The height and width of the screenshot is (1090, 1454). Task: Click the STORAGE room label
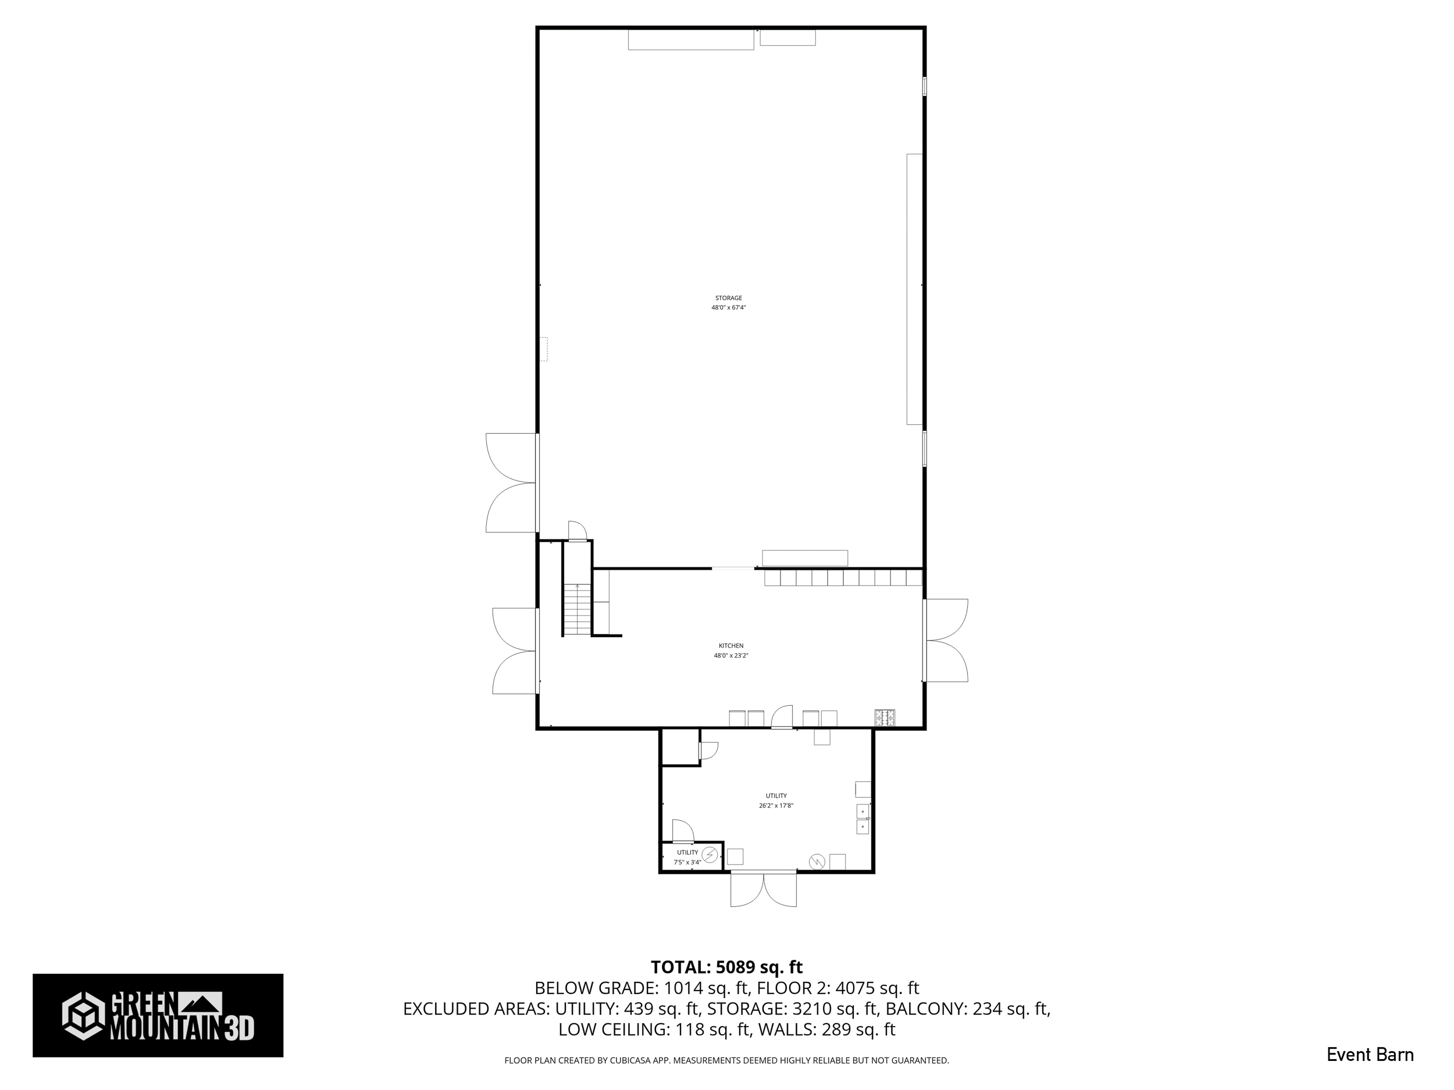(x=728, y=298)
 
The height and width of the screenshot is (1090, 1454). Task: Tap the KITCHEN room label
(x=731, y=646)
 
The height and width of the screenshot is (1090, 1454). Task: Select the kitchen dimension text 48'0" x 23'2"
(x=731, y=656)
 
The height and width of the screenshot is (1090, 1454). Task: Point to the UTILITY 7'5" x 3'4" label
(x=687, y=857)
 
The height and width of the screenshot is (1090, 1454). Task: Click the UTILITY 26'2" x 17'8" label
(x=776, y=801)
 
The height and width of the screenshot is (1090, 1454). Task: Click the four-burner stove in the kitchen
(x=884, y=717)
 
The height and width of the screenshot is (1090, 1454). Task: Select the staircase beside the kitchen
(x=577, y=610)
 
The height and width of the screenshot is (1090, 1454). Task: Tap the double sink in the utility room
(x=863, y=819)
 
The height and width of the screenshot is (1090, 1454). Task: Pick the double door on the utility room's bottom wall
(x=763, y=888)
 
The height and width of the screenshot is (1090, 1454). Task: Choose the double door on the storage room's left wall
(x=511, y=483)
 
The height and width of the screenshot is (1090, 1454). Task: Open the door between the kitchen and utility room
(x=782, y=717)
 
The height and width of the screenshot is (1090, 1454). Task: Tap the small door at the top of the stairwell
(x=576, y=531)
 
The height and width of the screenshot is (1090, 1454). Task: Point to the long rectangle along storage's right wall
(x=914, y=289)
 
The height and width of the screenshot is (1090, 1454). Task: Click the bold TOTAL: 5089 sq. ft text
(x=726, y=967)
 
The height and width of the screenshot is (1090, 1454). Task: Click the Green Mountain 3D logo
(x=158, y=1015)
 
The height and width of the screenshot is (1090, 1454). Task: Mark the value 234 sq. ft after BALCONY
(x=1010, y=1009)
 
